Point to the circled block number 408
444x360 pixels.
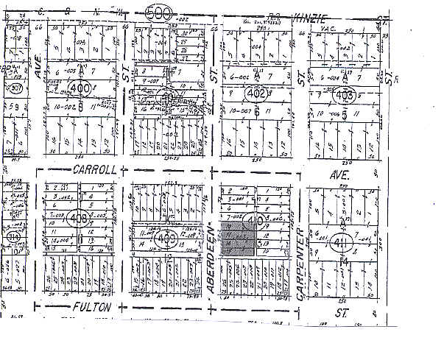tap(77, 219)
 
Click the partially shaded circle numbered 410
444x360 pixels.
tap(256, 219)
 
